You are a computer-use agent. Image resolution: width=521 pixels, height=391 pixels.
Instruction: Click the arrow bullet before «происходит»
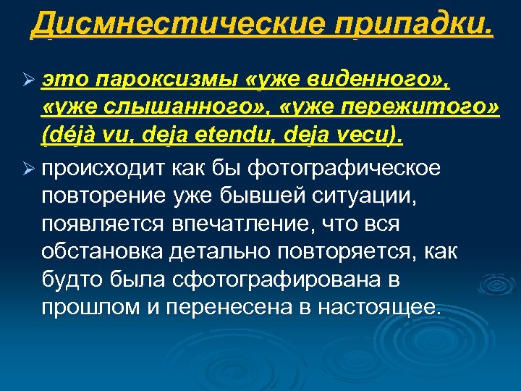[25, 169]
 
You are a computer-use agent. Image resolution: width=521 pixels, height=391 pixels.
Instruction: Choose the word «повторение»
[103, 196]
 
